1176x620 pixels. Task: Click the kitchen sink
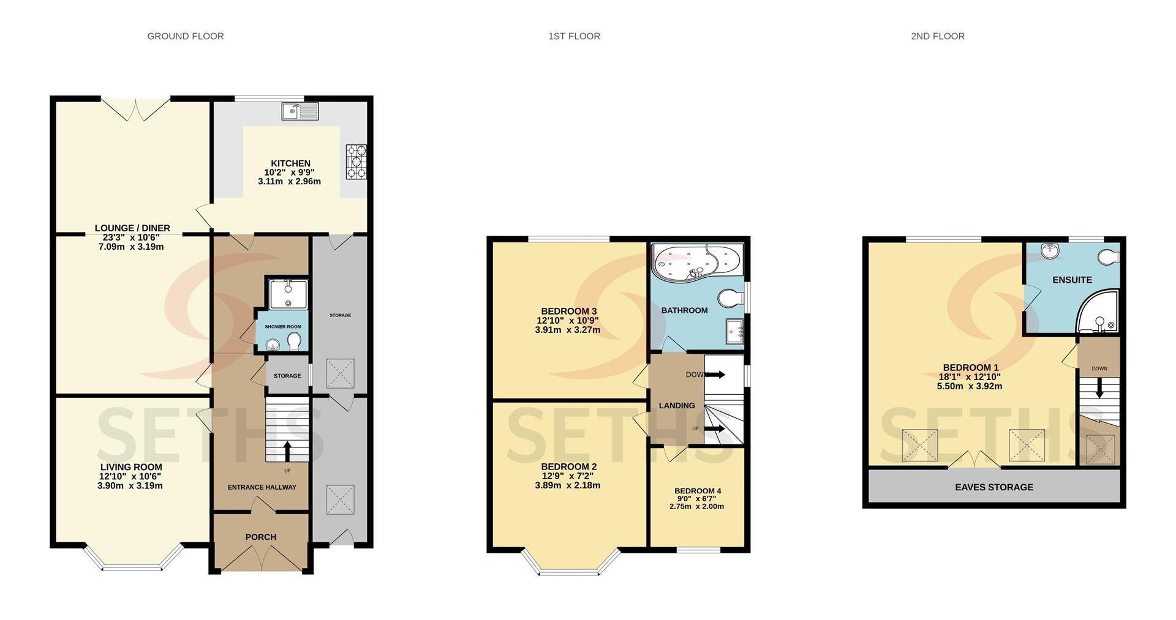300,111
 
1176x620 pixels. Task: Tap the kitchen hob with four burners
356,162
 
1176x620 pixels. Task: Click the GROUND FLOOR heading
186,36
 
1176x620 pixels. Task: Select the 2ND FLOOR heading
938,36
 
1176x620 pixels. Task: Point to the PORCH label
261,537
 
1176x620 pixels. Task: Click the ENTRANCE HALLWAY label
262,487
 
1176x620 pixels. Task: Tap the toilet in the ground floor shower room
294,341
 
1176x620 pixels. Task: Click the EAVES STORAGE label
994,487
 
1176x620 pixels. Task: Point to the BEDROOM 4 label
698,491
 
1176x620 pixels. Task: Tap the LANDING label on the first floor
677,405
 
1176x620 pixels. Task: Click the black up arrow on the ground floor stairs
287,450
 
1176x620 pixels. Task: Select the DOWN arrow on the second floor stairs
1099,387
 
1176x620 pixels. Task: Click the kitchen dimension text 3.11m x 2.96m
290,181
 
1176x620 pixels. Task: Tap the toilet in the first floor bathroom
730,299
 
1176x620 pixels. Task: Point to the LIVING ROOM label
131,467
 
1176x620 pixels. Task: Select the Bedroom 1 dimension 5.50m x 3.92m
970,386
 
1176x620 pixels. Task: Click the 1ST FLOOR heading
574,36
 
